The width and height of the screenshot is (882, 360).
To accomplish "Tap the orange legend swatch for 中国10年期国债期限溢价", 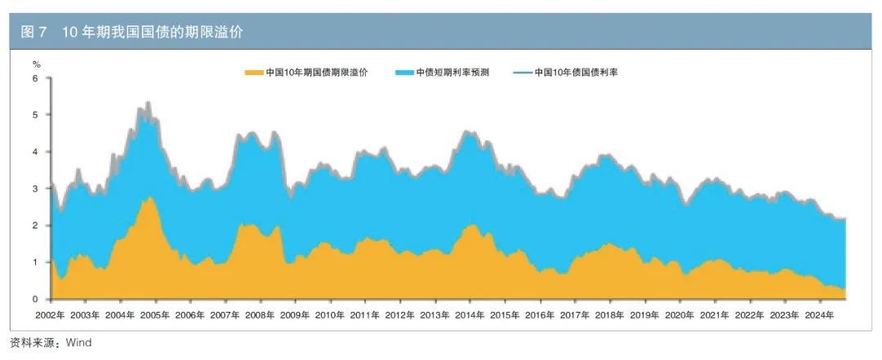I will click(254, 73).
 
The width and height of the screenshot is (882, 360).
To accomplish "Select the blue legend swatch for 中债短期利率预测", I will click(403, 73).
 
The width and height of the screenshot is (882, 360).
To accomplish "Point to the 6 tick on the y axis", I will click(35, 78).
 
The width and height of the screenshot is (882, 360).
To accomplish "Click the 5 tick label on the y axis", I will click(35, 115).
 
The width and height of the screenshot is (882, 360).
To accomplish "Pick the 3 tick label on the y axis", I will click(35, 189).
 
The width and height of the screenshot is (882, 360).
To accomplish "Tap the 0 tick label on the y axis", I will click(35, 299).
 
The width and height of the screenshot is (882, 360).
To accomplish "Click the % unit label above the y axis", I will click(36, 64).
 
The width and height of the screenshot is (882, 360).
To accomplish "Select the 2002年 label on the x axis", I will click(49, 314).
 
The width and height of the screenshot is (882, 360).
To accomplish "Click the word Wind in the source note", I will click(79, 343).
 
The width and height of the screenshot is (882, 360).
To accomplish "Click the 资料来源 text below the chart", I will click(33, 343).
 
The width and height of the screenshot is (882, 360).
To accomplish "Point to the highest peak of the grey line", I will click(148, 103).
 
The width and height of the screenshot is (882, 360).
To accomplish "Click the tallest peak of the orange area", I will click(147, 198).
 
